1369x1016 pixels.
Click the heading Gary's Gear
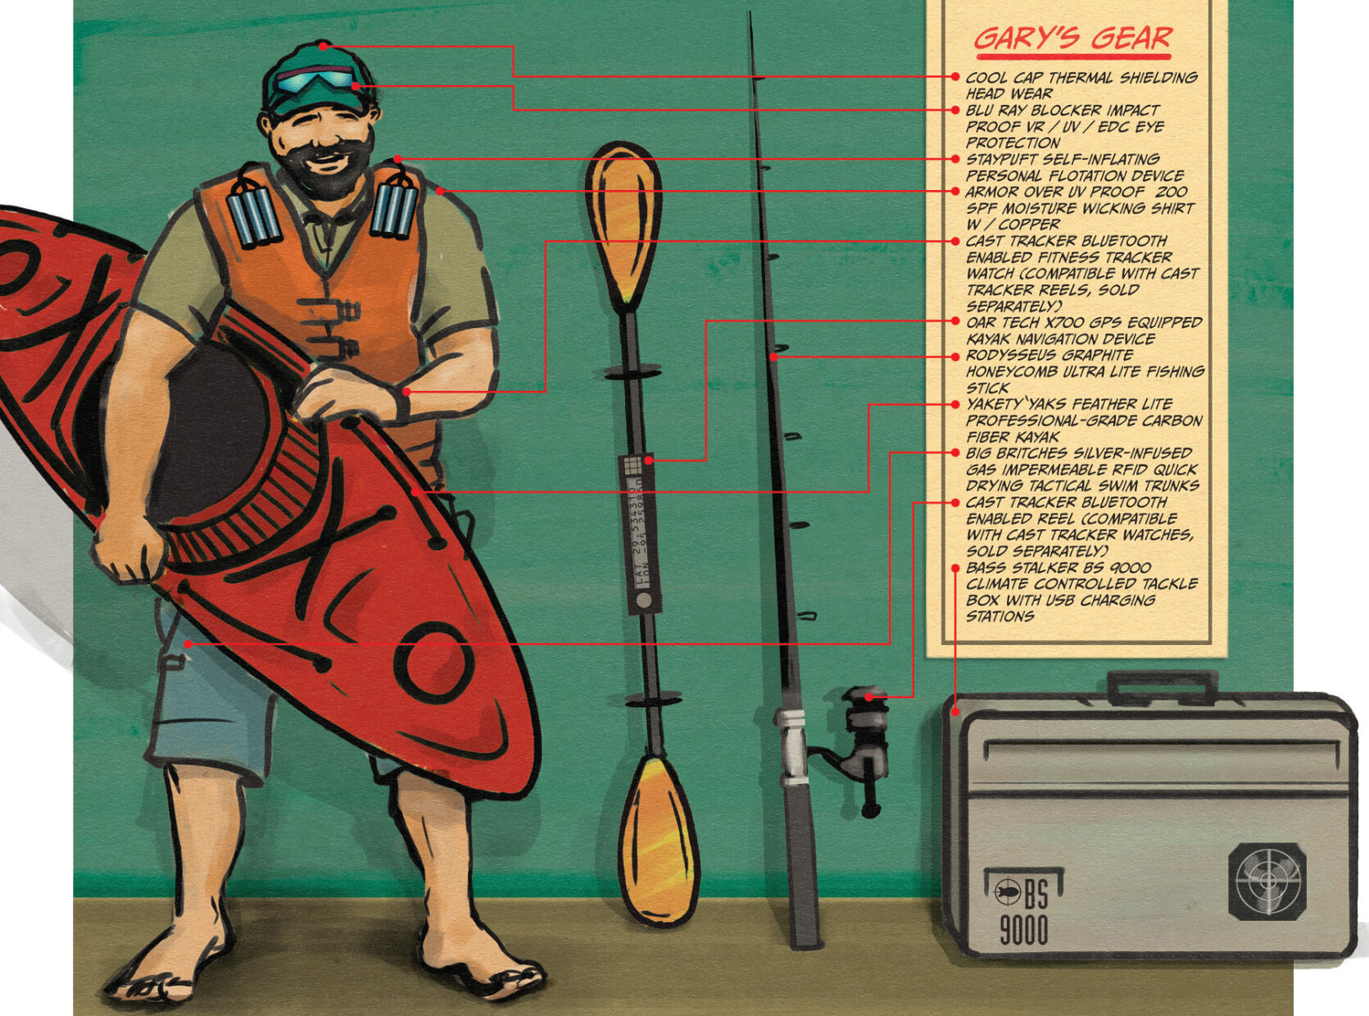coord(1072,39)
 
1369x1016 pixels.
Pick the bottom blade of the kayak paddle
coord(658,841)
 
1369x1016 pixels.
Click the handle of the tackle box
coord(1163,687)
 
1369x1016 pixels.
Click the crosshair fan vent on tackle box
coord(1267,882)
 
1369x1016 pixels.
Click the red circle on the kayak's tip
coord(434,662)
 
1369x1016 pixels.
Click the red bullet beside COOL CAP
coord(954,76)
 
